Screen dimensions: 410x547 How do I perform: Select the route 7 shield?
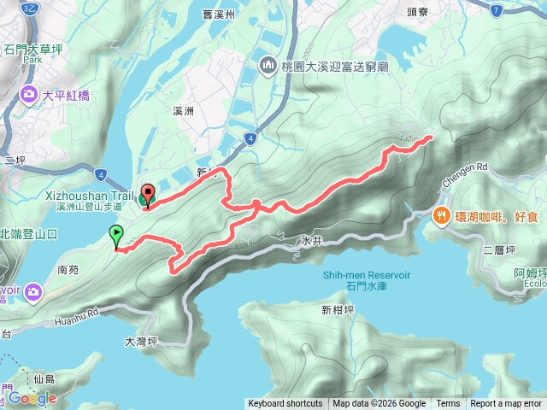click(x=496, y=9)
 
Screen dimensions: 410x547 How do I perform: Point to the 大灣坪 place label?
click(x=142, y=341)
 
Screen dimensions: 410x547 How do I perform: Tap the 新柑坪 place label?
click(x=338, y=310)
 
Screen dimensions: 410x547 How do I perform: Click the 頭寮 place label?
click(x=417, y=13)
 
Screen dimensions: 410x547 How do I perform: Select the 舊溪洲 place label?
click(x=219, y=15)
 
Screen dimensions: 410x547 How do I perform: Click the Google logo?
click(x=32, y=398)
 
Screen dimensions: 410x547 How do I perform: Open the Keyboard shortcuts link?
click(x=285, y=404)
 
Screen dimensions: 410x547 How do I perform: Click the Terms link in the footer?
click(x=448, y=404)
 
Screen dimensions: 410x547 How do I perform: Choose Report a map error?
click(x=506, y=404)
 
